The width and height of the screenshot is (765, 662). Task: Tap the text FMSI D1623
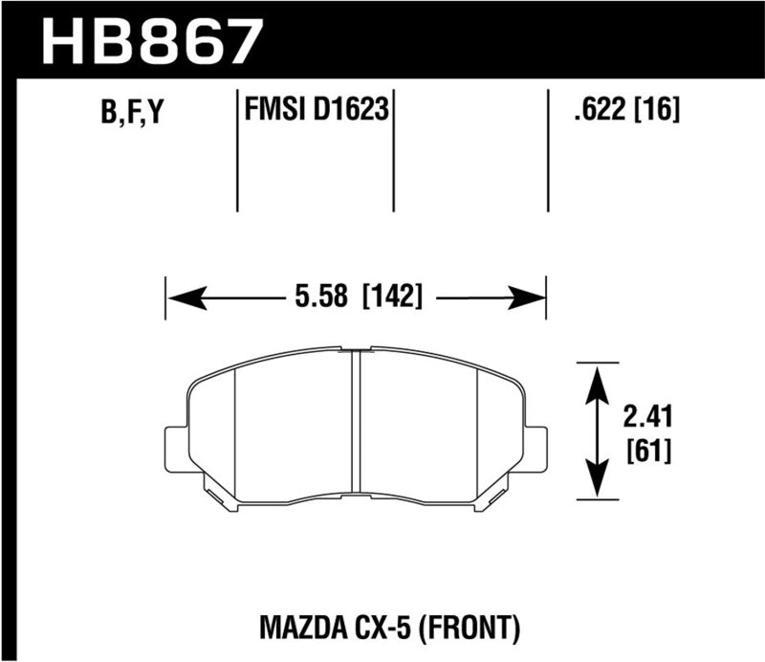pyautogui.click(x=316, y=112)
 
